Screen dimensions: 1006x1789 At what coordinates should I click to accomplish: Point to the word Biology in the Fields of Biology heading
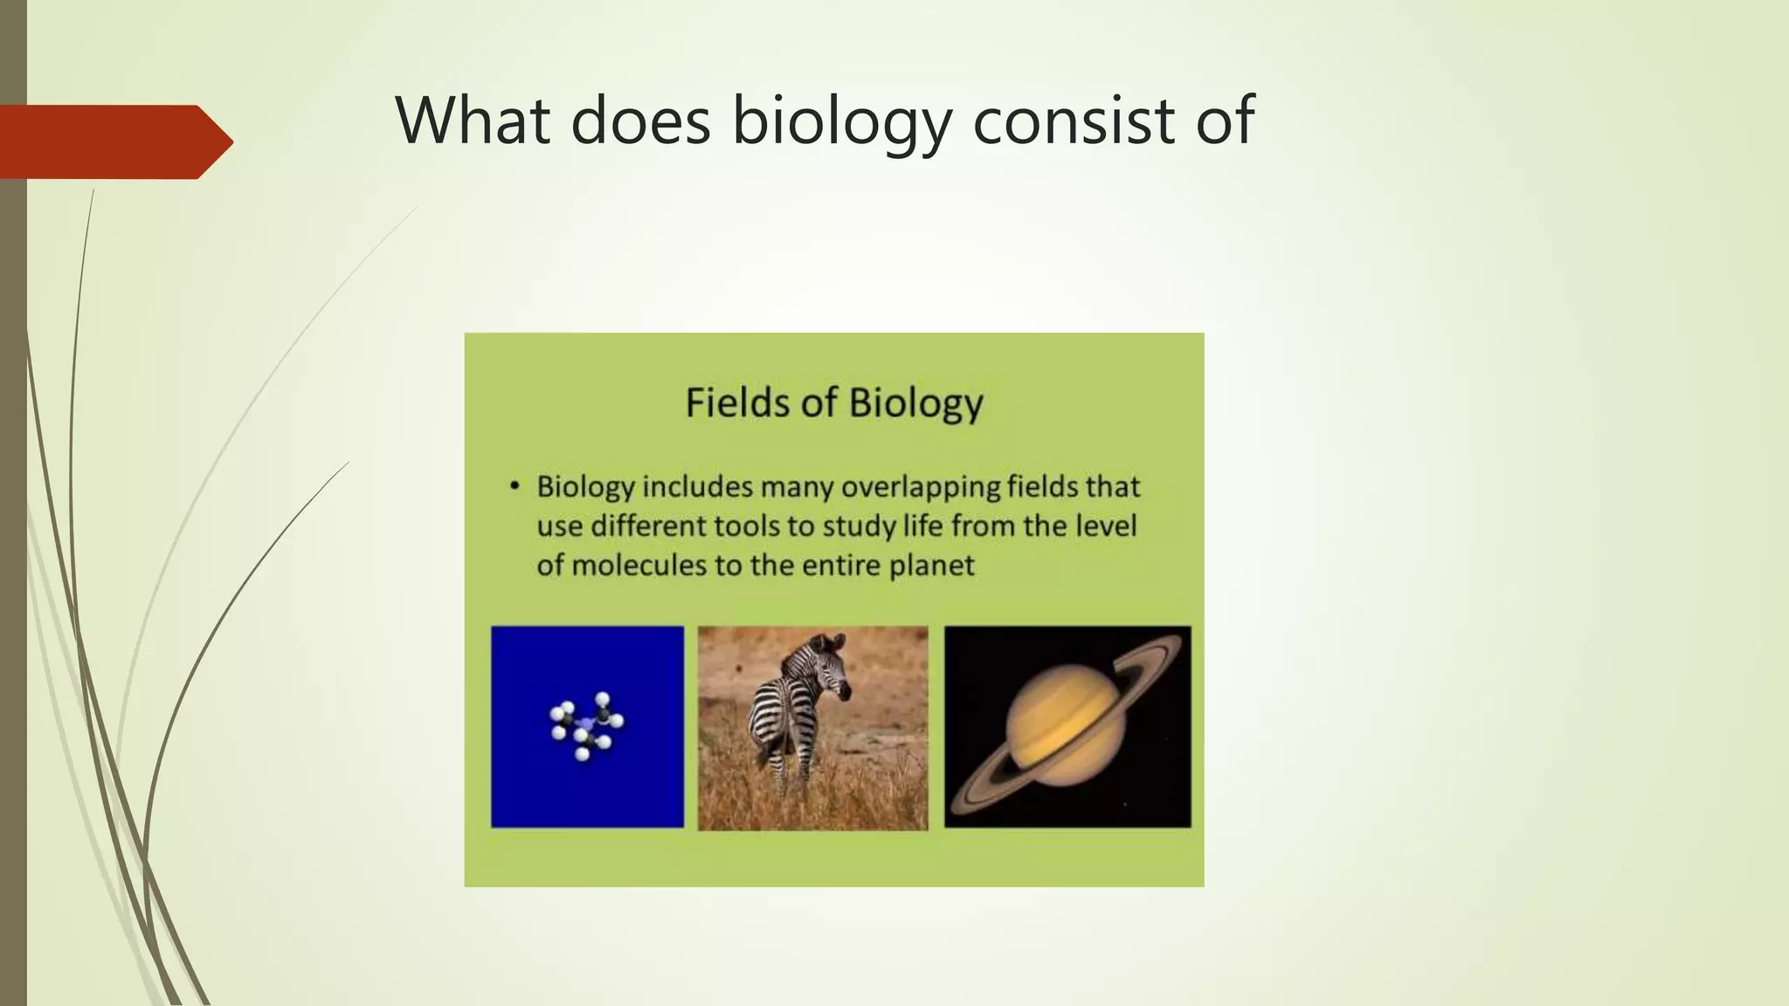click(915, 404)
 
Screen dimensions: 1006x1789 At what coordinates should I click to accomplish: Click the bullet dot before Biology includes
click(515, 486)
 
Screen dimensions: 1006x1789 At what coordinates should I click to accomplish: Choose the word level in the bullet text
click(1104, 526)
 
